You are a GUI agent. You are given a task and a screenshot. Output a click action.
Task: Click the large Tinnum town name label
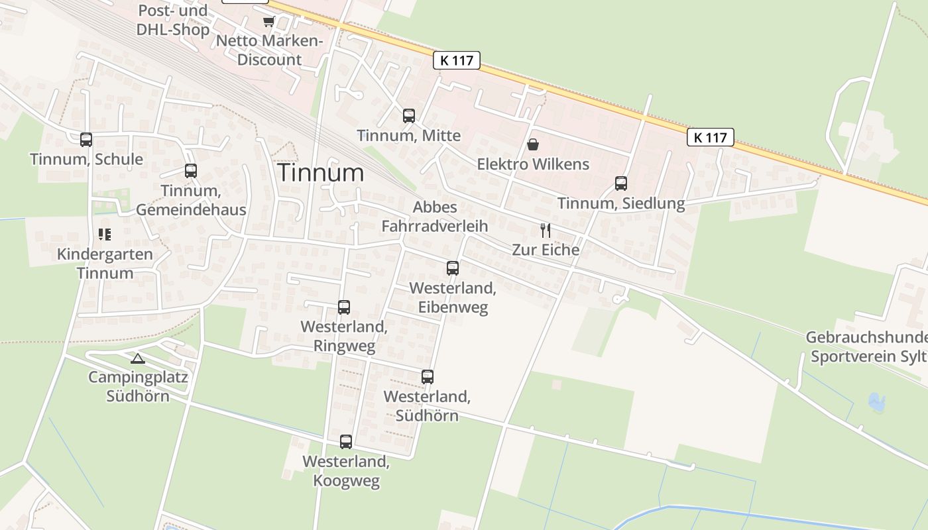(x=321, y=173)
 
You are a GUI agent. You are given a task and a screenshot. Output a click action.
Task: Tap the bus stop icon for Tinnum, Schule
(x=86, y=140)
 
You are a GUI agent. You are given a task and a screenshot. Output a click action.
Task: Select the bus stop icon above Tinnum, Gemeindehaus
(x=191, y=171)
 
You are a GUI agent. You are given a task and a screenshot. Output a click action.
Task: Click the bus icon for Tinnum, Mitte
(x=409, y=116)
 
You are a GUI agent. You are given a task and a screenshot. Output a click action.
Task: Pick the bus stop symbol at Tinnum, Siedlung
(x=621, y=184)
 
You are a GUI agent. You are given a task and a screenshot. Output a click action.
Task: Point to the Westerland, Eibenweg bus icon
(x=453, y=268)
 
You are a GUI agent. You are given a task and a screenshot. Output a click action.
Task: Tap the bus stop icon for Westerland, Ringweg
(x=344, y=307)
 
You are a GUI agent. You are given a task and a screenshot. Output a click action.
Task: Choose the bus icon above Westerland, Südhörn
(x=428, y=377)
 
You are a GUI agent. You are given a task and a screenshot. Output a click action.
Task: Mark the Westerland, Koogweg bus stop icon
(x=346, y=442)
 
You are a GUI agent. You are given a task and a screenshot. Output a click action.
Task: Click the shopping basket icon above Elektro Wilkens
(x=533, y=144)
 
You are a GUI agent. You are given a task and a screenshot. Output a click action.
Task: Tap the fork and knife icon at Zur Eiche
(x=546, y=231)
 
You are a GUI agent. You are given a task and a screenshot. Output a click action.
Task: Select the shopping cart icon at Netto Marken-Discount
(x=268, y=22)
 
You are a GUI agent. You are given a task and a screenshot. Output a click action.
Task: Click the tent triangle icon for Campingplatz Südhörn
(x=137, y=359)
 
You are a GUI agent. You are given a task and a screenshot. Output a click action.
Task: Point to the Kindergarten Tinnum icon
(x=105, y=235)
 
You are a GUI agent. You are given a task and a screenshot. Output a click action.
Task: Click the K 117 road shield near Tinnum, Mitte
(x=457, y=60)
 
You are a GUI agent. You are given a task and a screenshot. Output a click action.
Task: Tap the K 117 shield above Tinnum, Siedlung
(x=711, y=138)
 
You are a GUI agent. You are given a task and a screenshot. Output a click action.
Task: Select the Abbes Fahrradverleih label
(x=434, y=217)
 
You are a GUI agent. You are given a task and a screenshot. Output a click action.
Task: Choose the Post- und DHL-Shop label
(x=173, y=20)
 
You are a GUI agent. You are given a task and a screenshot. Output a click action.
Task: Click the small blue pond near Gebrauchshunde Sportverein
(x=876, y=401)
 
